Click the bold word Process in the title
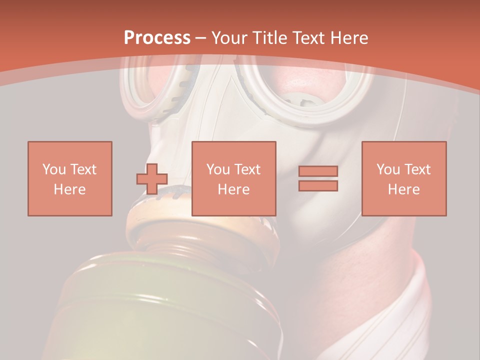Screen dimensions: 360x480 click(157, 38)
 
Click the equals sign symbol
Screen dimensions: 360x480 click(318, 178)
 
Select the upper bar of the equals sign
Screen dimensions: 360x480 click(318, 171)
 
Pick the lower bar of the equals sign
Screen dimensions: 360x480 click(318, 185)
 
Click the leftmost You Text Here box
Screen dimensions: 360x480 click(70, 178)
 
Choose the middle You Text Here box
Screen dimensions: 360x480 click(233, 178)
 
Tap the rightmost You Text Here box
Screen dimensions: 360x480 click(404, 178)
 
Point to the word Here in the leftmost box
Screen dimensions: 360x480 click(70, 189)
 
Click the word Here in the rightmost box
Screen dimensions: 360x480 click(404, 189)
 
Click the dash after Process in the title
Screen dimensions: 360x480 click(201, 38)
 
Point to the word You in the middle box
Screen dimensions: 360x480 click(218, 169)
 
